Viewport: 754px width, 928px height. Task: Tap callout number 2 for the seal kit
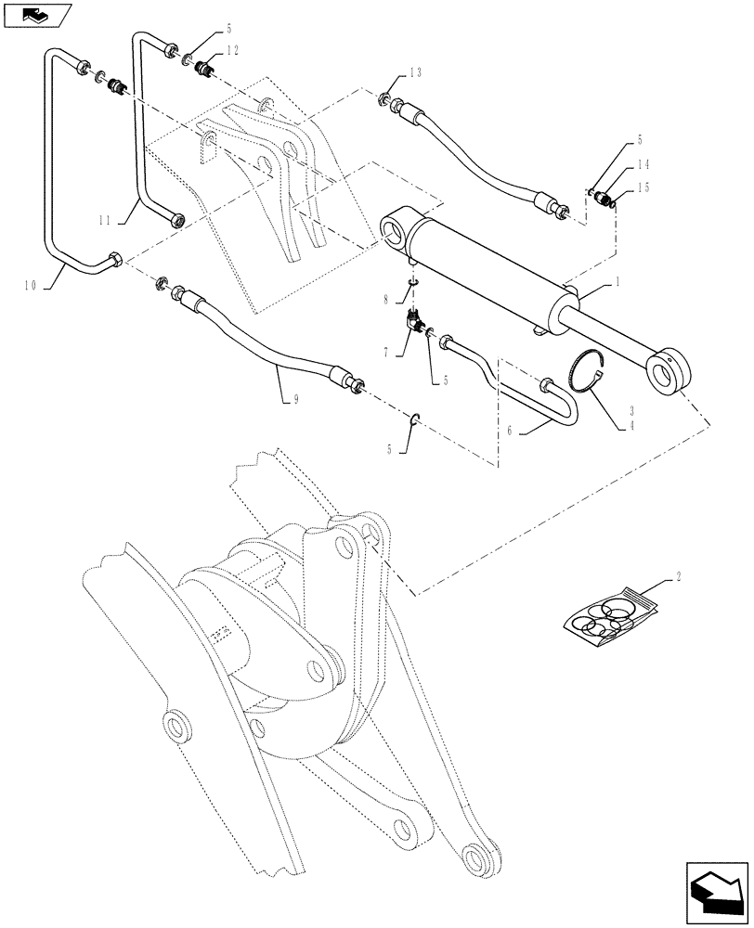tap(679, 576)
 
